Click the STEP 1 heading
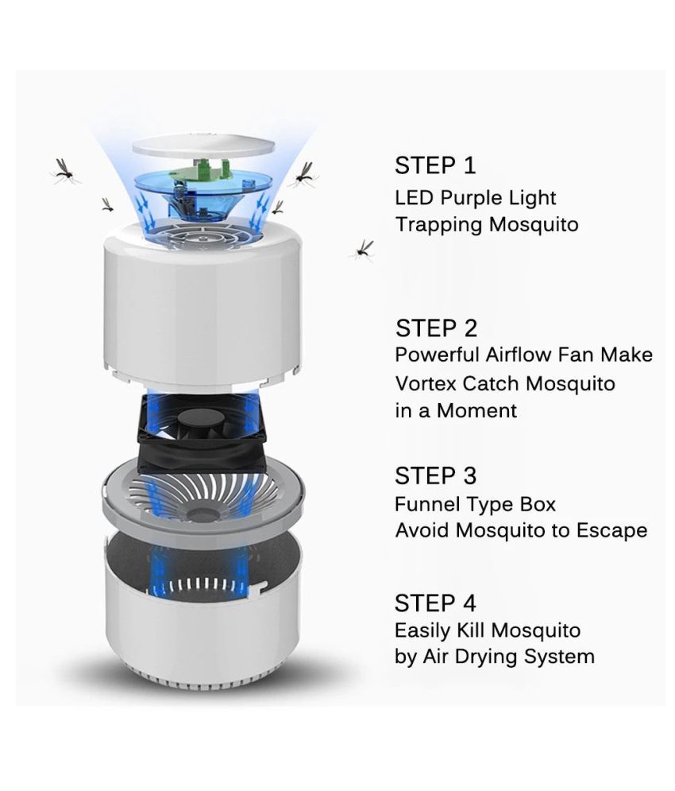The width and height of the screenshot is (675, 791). pos(435,166)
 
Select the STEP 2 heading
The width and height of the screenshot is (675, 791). pos(437,328)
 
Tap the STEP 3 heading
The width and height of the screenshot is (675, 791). pos(435,475)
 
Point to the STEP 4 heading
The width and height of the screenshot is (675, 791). pos(435,603)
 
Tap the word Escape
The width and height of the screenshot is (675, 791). pos(614,530)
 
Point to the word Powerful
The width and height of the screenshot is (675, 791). pos(435,355)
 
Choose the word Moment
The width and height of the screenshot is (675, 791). pos(481,411)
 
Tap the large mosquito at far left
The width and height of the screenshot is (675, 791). pos(65,170)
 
